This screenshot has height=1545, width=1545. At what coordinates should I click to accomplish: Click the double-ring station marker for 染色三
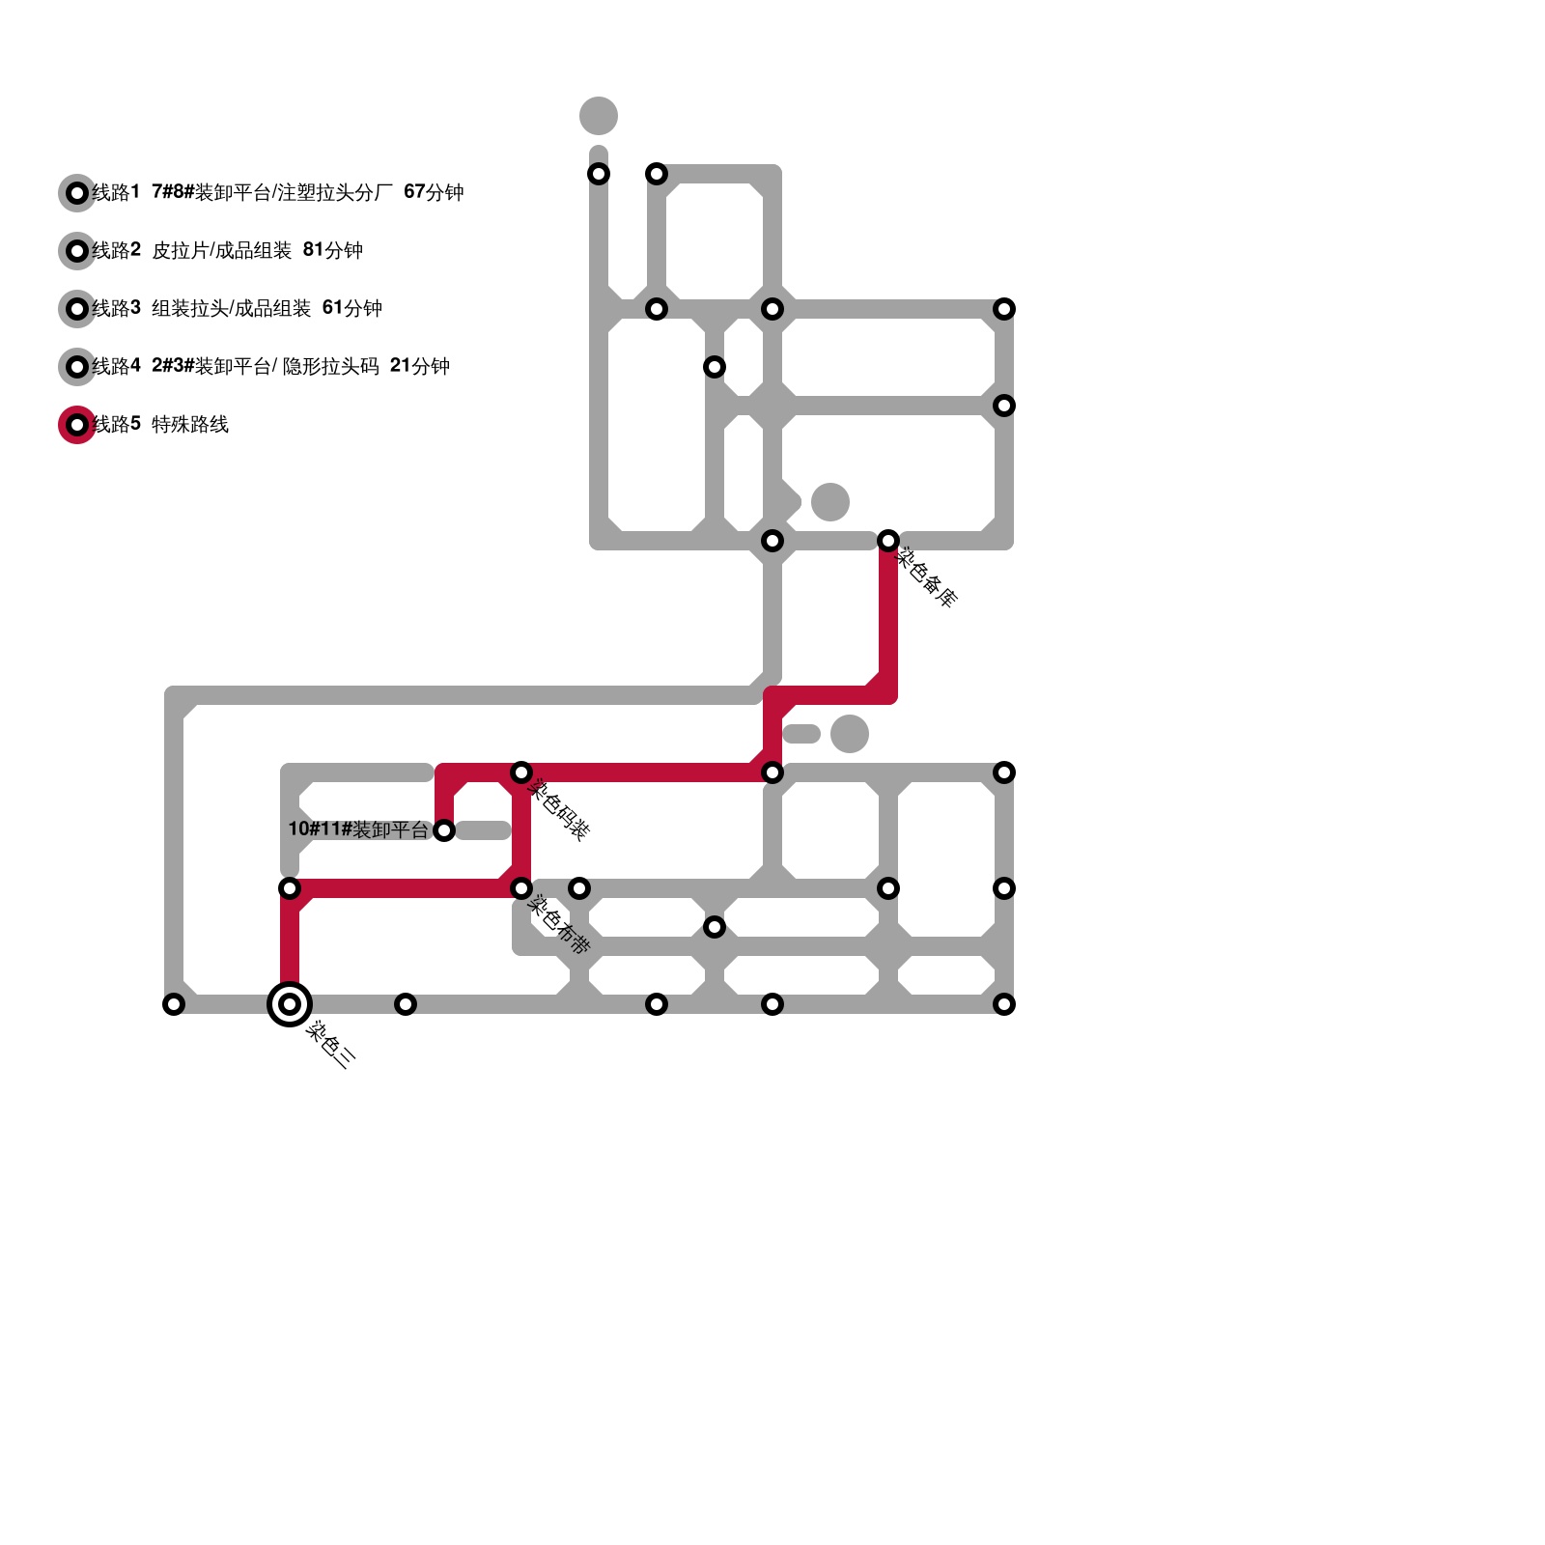(290, 1004)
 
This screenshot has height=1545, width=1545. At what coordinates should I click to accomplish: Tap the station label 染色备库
(928, 577)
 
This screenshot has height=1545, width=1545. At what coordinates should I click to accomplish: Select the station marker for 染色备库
(888, 541)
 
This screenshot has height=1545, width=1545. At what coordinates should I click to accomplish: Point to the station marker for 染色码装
(521, 772)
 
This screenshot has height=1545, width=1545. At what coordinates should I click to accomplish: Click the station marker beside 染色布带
(521, 888)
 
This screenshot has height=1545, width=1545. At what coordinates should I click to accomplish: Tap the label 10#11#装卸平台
(358, 829)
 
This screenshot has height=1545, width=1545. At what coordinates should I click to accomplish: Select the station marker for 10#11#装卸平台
(444, 830)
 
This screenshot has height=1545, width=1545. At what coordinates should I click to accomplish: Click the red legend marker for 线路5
(77, 425)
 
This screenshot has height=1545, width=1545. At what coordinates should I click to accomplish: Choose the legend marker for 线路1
(77, 193)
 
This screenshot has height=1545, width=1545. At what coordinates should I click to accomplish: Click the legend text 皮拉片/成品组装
(221, 251)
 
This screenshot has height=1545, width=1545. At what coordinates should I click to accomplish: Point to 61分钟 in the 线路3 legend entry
(351, 309)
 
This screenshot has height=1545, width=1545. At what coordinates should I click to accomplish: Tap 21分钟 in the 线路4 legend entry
(419, 367)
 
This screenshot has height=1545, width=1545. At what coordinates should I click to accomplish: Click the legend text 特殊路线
(190, 425)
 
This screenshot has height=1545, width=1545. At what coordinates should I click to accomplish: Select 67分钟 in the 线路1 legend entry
(434, 193)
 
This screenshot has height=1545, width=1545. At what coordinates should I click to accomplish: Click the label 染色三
(331, 1045)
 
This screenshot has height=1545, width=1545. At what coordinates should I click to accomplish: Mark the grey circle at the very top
(599, 116)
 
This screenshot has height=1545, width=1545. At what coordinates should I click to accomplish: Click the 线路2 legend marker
(77, 251)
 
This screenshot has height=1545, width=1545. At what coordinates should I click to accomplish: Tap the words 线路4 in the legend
(117, 367)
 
